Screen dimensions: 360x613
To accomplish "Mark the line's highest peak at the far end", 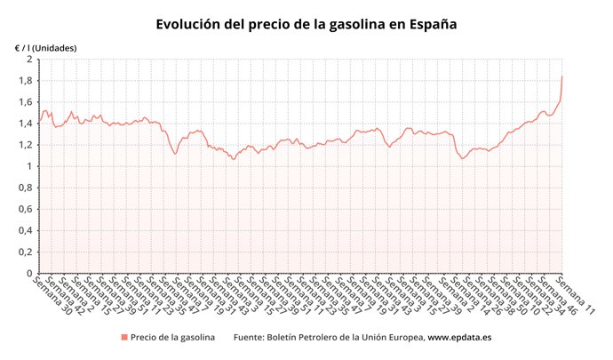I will click(x=562, y=76).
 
